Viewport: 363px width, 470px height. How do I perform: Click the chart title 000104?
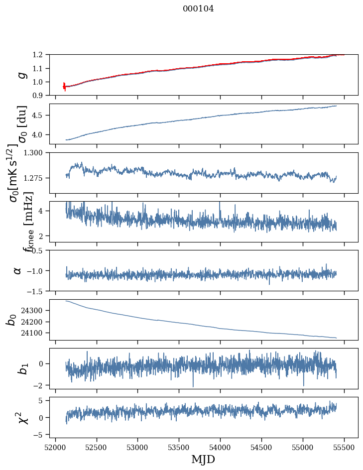(x=198, y=8)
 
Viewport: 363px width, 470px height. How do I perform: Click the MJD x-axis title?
(x=203, y=460)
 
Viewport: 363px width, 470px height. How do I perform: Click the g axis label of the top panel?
(x=21, y=75)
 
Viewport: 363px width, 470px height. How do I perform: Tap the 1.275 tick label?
(x=36, y=178)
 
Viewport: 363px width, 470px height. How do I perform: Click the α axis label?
(x=18, y=270)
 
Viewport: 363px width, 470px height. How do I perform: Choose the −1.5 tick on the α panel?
(x=38, y=291)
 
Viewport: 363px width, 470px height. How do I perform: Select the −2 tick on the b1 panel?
(x=41, y=385)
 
